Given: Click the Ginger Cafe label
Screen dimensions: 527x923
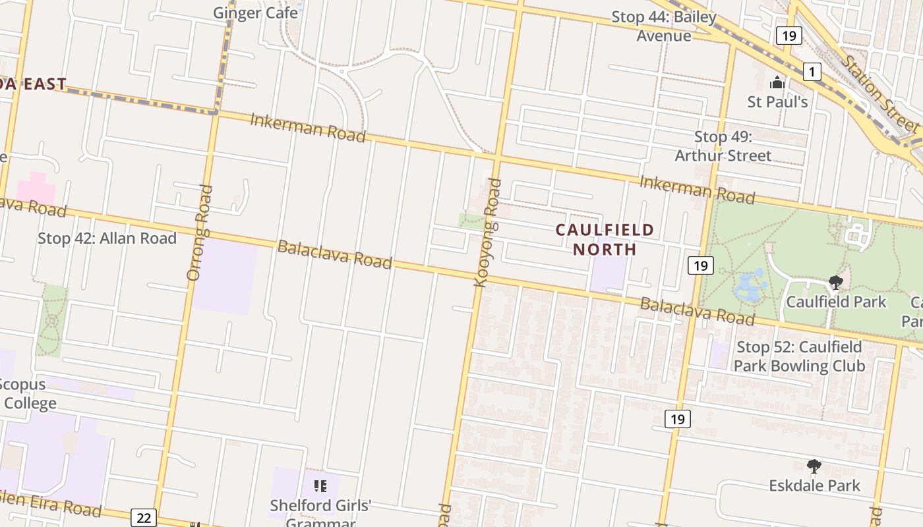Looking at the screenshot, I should pyautogui.click(x=255, y=13).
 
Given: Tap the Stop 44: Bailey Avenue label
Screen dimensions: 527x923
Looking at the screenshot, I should pyautogui.click(x=664, y=26).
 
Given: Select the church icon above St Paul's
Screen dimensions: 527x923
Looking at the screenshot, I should pyautogui.click(x=777, y=84).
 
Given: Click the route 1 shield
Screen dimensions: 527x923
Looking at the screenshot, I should pyautogui.click(x=812, y=71).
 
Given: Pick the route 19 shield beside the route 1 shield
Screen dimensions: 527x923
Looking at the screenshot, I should pyautogui.click(x=789, y=35).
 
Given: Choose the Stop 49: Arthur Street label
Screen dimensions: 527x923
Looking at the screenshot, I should pyautogui.click(x=723, y=146).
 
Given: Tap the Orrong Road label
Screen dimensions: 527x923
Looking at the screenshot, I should pyautogui.click(x=200, y=233).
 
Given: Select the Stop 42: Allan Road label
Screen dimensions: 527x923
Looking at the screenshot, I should pyautogui.click(x=107, y=238).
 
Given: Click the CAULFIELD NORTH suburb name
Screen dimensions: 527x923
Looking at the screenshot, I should pyautogui.click(x=605, y=239).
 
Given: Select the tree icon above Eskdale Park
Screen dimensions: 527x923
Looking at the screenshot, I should pyautogui.click(x=814, y=466).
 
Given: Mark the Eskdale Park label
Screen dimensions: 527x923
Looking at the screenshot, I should pyautogui.click(x=814, y=485).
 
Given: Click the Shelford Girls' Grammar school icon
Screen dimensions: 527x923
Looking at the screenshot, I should pyautogui.click(x=320, y=487).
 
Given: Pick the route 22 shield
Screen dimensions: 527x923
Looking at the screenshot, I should pyautogui.click(x=144, y=518).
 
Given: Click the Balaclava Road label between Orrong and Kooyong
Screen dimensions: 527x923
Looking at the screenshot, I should pyautogui.click(x=334, y=254).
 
